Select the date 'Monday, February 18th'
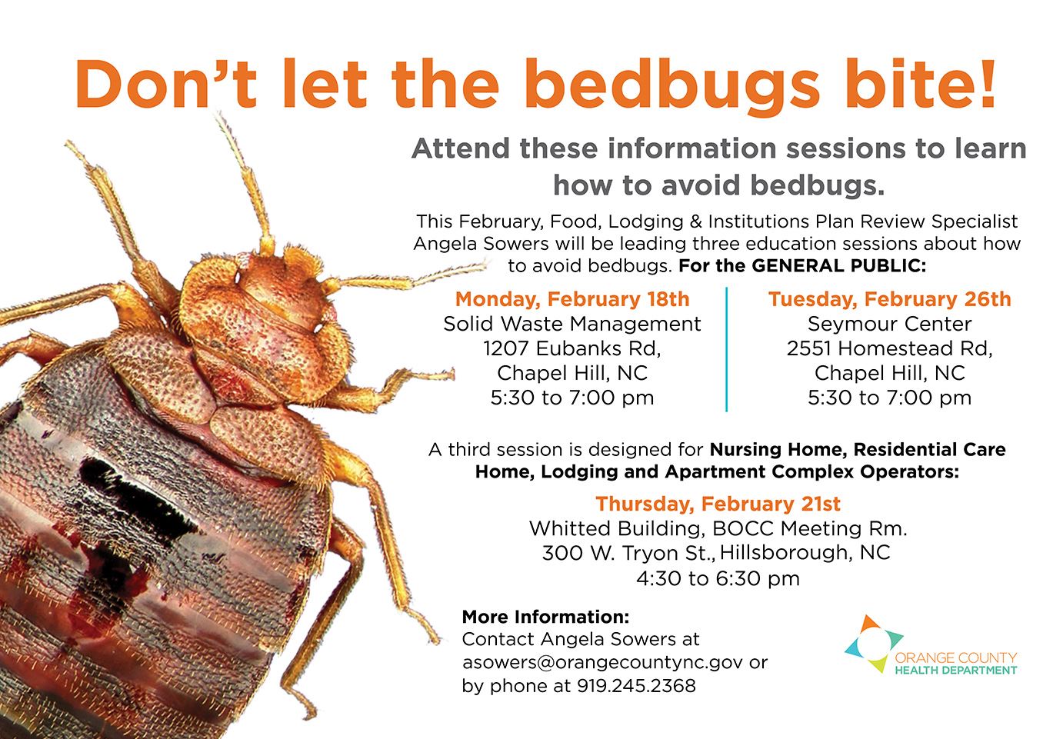tap(571, 299)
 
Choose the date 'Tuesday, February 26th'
tap(889, 299)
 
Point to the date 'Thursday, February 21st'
tap(718, 504)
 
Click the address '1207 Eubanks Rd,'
tap(571, 348)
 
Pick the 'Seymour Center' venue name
tap(889, 324)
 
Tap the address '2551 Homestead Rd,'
tap(889, 348)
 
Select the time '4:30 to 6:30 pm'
tap(718, 578)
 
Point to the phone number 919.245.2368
tap(636, 685)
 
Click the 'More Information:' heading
tap(546, 617)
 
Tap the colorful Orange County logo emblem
tap(874, 644)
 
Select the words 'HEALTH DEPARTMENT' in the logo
tap(956, 671)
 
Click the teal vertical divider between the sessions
tap(727, 349)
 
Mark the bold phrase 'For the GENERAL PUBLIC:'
tap(802, 265)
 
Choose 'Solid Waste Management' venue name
tap(571, 324)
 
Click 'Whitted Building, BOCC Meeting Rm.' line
tap(718, 528)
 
